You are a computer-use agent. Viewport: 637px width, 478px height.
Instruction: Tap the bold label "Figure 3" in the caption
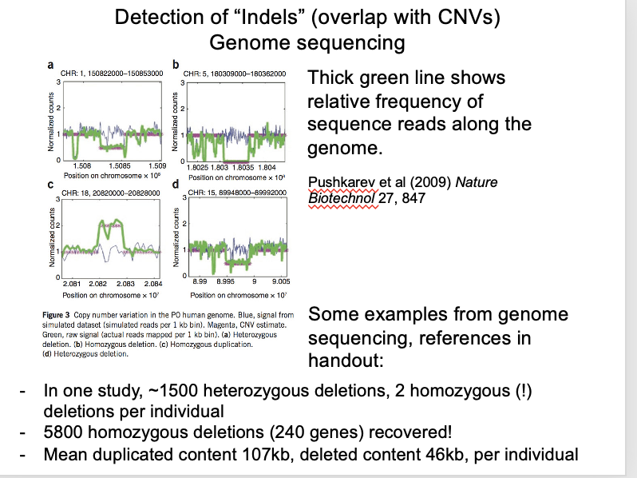coord(59,316)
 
